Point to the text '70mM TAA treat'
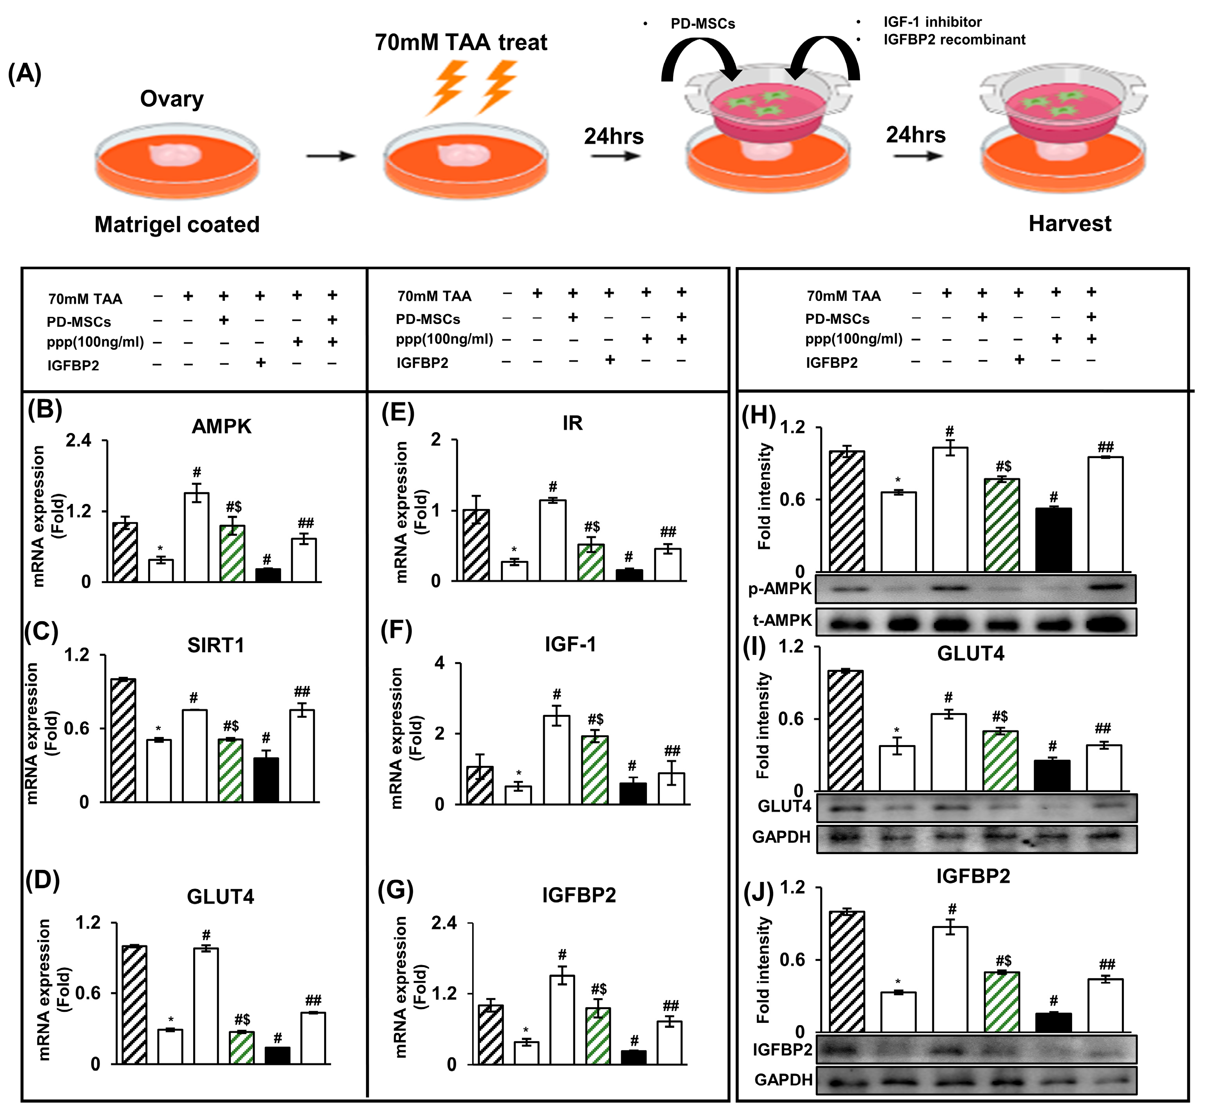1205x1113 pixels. click(461, 43)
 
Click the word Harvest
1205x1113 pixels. click(1069, 224)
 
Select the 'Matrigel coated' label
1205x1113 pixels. click(177, 225)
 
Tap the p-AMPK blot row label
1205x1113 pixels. click(780, 589)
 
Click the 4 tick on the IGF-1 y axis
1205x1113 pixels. click(440, 663)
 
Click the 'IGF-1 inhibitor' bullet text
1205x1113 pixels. click(932, 22)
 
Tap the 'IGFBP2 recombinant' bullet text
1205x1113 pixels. click(954, 40)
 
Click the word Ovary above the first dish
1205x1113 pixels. click(172, 99)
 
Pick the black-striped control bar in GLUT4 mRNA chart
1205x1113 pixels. click(134, 1005)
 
